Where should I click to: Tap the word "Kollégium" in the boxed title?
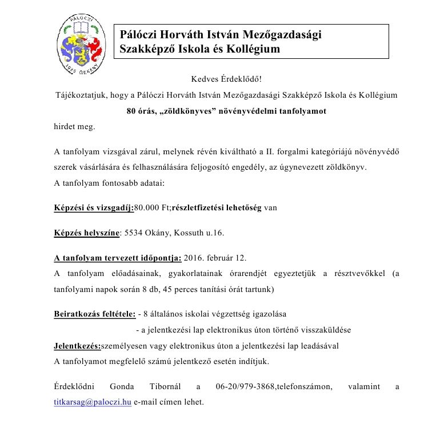[x=254, y=49]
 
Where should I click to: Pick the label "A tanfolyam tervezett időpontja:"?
[x=118, y=258]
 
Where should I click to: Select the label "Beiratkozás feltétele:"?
[x=94, y=314]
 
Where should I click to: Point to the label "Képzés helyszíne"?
[x=86, y=233]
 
